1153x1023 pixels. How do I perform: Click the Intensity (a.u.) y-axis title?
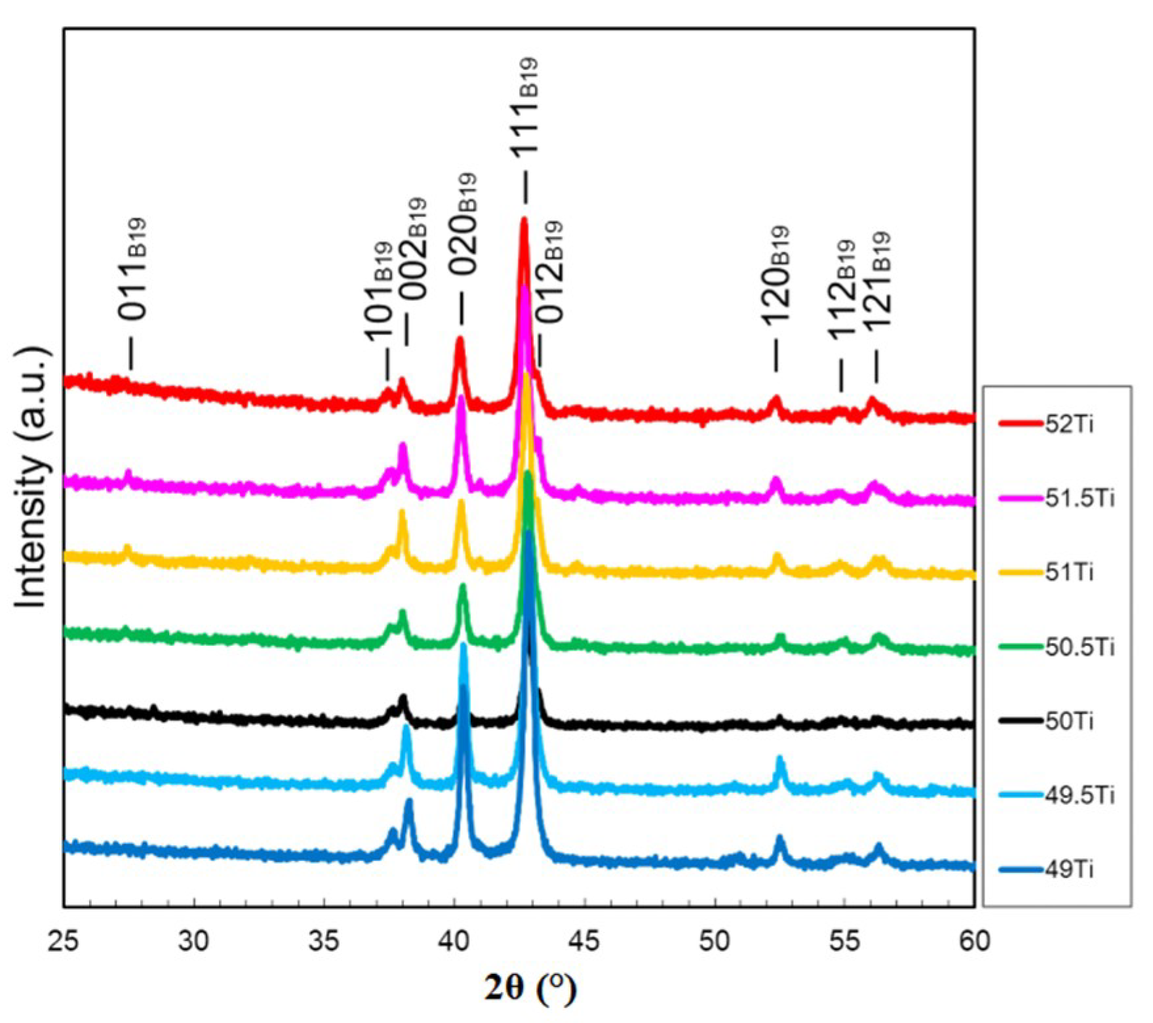point(31,479)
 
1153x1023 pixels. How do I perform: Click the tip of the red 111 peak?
point(523,220)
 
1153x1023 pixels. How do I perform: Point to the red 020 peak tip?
point(459,339)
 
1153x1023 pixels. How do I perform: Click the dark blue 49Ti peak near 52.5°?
point(779,838)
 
